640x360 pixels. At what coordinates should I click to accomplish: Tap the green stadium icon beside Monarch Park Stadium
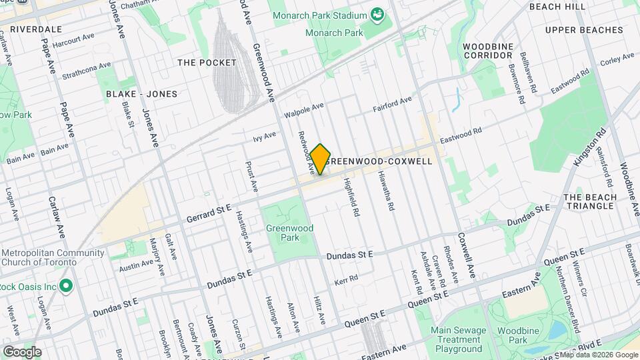pos(378,15)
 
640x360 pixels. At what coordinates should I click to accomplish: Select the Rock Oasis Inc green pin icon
pos(65,287)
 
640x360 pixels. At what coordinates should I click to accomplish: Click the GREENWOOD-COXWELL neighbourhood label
pos(379,161)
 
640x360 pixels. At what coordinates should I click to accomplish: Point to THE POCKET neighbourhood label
pos(207,63)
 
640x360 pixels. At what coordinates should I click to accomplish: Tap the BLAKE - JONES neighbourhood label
pos(142,94)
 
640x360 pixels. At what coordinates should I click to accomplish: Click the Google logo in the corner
pos(22,351)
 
